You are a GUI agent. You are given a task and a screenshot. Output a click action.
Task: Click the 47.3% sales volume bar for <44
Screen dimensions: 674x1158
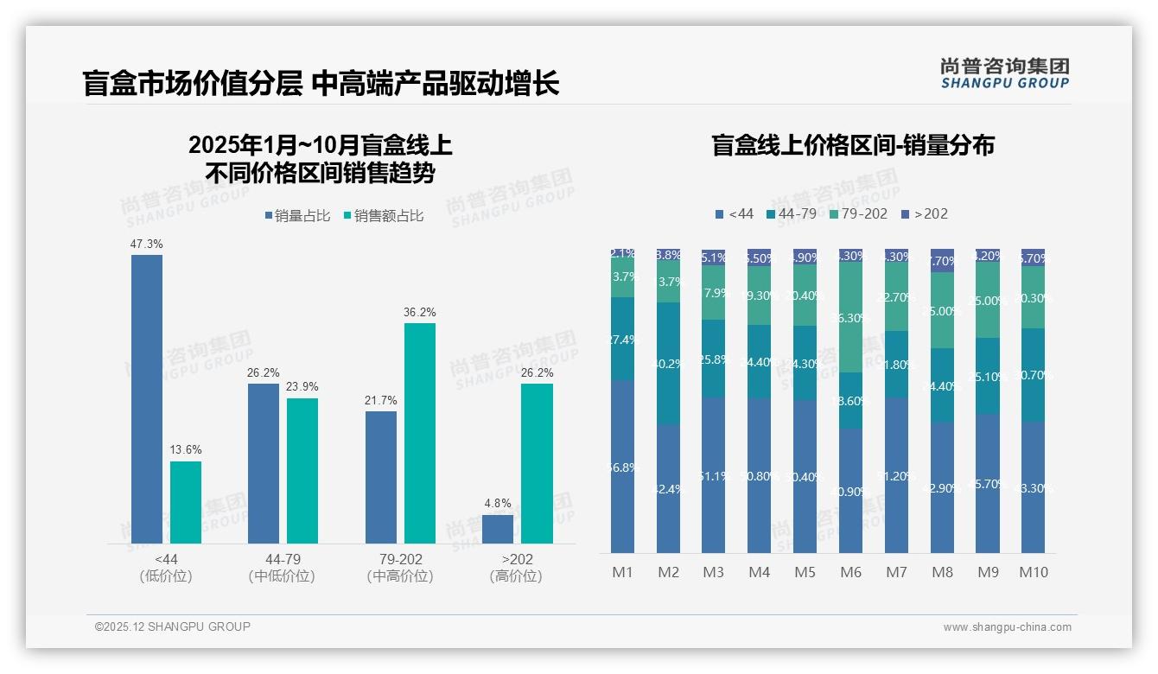point(147,398)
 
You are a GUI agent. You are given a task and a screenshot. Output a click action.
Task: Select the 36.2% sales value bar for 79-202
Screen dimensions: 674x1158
point(420,433)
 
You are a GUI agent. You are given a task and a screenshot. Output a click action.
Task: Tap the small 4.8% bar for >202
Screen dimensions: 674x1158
point(498,529)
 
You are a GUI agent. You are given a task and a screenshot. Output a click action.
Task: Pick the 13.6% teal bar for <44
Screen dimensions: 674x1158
point(186,502)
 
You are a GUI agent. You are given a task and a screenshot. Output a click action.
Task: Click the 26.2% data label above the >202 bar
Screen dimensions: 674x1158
point(537,373)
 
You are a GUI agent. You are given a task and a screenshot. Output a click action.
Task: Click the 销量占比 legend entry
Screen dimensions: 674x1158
point(298,216)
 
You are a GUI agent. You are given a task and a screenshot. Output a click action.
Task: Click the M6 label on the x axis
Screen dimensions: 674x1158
point(851,572)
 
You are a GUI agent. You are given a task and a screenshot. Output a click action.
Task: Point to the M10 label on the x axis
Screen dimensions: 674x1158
point(1033,572)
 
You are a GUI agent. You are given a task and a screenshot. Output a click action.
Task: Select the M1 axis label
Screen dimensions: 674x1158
point(623,572)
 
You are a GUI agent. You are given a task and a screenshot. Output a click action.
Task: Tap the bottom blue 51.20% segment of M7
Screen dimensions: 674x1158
point(897,475)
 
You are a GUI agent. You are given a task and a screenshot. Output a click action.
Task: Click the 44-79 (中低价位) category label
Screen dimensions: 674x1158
point(282,568)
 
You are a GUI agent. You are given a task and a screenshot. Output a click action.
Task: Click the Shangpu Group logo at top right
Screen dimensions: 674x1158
point(1004,73)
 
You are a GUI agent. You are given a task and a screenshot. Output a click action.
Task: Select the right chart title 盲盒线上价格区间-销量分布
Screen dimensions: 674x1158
point(852,145)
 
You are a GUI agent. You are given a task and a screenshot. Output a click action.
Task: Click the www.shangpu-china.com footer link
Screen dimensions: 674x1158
point(1007,627)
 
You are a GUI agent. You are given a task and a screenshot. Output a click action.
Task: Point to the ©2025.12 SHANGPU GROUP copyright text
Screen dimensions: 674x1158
point(173,626)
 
